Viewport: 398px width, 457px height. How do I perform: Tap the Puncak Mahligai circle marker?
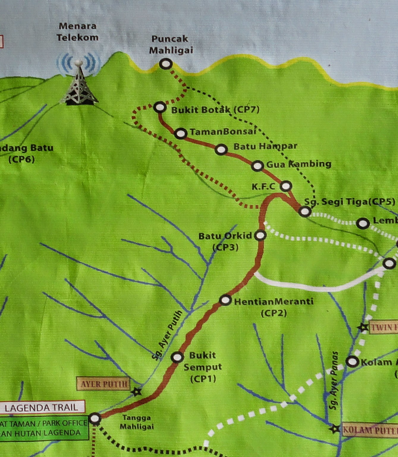click(x=166, y=64)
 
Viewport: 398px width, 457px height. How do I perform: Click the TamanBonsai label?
click(x=223, y=132)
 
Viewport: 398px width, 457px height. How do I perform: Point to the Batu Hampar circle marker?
click(x=221, y=149)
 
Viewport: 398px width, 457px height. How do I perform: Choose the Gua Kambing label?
click(x=299, y=164)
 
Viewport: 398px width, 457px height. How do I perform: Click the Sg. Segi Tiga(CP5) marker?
click(x=305, y=211)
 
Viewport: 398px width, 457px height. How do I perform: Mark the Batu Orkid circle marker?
click(x=261, y=235)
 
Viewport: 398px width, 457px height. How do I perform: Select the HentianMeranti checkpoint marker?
click(x=225, y=300)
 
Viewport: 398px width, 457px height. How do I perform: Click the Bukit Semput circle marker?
click(x=177, y=357)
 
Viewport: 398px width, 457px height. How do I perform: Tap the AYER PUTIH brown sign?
click(x=103, y=384)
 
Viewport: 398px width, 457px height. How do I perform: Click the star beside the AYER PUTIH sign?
click(x=136, y=392)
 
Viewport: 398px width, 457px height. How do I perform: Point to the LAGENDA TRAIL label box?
click(x=42, y=407)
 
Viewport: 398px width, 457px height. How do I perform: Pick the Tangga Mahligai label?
click(x=137, y=422)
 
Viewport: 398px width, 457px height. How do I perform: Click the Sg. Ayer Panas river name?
click(x=334, y=380)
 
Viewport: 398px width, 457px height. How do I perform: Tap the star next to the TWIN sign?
click(x=363, y=328)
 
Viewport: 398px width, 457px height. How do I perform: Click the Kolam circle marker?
click(x=353, y=362)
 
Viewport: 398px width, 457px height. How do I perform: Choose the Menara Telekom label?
click(x=78, y=32)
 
